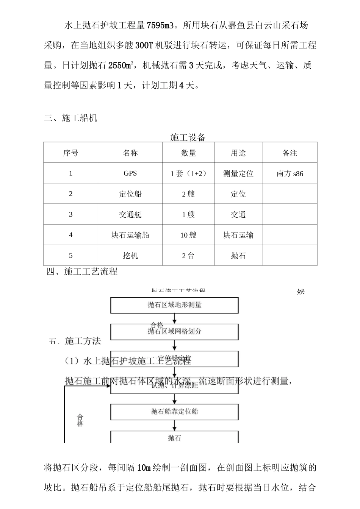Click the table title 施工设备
point(188,137)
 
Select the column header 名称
point(130,153)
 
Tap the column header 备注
point(290,153)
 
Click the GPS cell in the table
point(130,173)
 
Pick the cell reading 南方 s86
point(290,174)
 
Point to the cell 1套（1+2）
point(188,173)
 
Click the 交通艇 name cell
point(130,214)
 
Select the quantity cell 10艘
point(188,235)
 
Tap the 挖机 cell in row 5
point(130,256)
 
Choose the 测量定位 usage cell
point(238,174)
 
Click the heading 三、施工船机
point(70,118)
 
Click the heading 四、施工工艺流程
point(82,272)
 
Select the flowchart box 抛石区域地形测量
point(174,305)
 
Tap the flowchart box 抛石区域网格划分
point(174,331)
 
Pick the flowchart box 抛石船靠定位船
point(174,411)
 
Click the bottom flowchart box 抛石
point(174,438)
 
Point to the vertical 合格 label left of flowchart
point(80,420)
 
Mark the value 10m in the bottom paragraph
point(144,468)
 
